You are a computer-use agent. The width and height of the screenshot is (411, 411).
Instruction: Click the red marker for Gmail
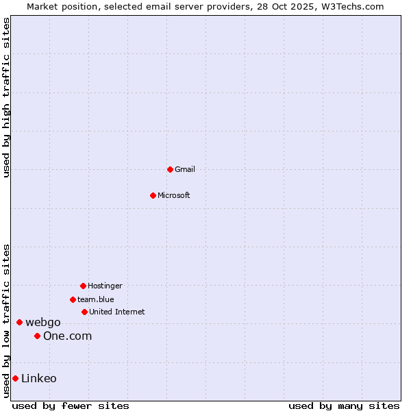click(x=170, y=169)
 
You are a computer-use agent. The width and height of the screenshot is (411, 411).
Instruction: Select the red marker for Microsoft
click(x=153, y=195)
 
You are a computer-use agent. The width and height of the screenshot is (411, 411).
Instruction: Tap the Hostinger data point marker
click(x=83, y=286)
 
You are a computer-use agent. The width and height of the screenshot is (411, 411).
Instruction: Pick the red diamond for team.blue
click(x=73, y=299)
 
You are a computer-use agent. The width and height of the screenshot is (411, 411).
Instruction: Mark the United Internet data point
click(x=84, y=312)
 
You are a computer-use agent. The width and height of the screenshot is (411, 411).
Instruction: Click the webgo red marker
click(x=19, y=322)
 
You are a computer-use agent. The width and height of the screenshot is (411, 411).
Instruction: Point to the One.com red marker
click(x=37, y=336)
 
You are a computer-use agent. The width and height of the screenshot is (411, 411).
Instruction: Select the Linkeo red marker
click(x=15, y=378)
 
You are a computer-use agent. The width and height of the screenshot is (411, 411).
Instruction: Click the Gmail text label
click(x=185, y=169)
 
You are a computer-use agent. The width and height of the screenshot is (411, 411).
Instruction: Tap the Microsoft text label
click(x=174, y=195)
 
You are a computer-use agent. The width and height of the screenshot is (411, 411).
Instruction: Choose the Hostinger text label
click(x=105, y=286)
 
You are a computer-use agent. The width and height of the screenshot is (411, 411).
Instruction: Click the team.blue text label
click(x=96, y=299)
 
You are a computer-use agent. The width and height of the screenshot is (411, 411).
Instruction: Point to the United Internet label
click(x=117, y=312)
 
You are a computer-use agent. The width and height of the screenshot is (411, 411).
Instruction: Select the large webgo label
click(x=43, y=323)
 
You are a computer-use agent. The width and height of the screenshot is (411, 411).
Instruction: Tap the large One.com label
click(x=67, y=336)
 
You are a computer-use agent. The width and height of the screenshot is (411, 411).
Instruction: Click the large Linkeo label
click(x=39, y=379)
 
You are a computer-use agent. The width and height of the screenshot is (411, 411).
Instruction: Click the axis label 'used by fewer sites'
click(x=71, y=406)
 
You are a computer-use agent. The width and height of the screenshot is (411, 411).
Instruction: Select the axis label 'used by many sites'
click(x=344, y=406)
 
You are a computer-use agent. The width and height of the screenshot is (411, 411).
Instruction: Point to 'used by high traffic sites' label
click(x=6, y=97)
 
